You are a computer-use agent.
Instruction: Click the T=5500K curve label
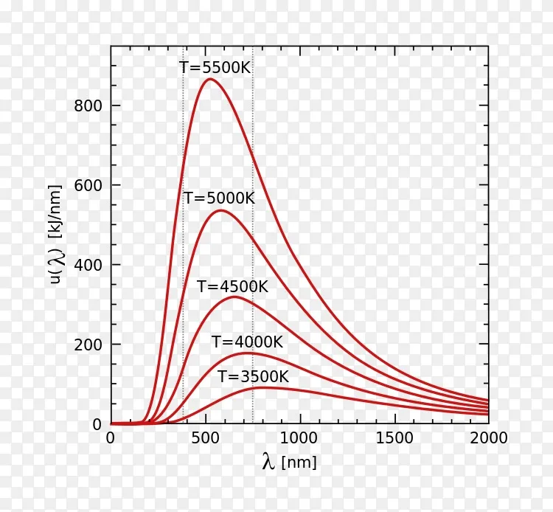point(215,67)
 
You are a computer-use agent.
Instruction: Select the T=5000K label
point(219,198)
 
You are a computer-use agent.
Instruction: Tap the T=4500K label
point(232,287)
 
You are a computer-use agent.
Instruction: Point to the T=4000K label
point(247,342)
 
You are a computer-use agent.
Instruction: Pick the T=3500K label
point(253,377)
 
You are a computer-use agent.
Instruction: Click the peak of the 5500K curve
point(209,79)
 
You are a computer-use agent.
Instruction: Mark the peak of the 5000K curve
point(220,210)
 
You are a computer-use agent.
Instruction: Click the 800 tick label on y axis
point(88,106)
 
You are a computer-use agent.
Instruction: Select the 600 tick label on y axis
point(88,186)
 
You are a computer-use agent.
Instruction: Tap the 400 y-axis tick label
point(88,266)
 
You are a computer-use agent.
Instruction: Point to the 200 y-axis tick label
point(88,345)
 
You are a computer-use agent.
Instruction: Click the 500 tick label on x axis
point(205,439)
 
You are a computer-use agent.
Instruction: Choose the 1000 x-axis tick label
point(299,439)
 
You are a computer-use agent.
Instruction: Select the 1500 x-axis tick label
point(394,439)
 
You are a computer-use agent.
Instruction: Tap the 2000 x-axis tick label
point(488,439)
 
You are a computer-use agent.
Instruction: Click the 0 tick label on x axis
point(111,439)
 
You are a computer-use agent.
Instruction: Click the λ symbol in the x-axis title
point(268,463)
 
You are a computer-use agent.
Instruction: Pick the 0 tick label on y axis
point(97,424)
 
